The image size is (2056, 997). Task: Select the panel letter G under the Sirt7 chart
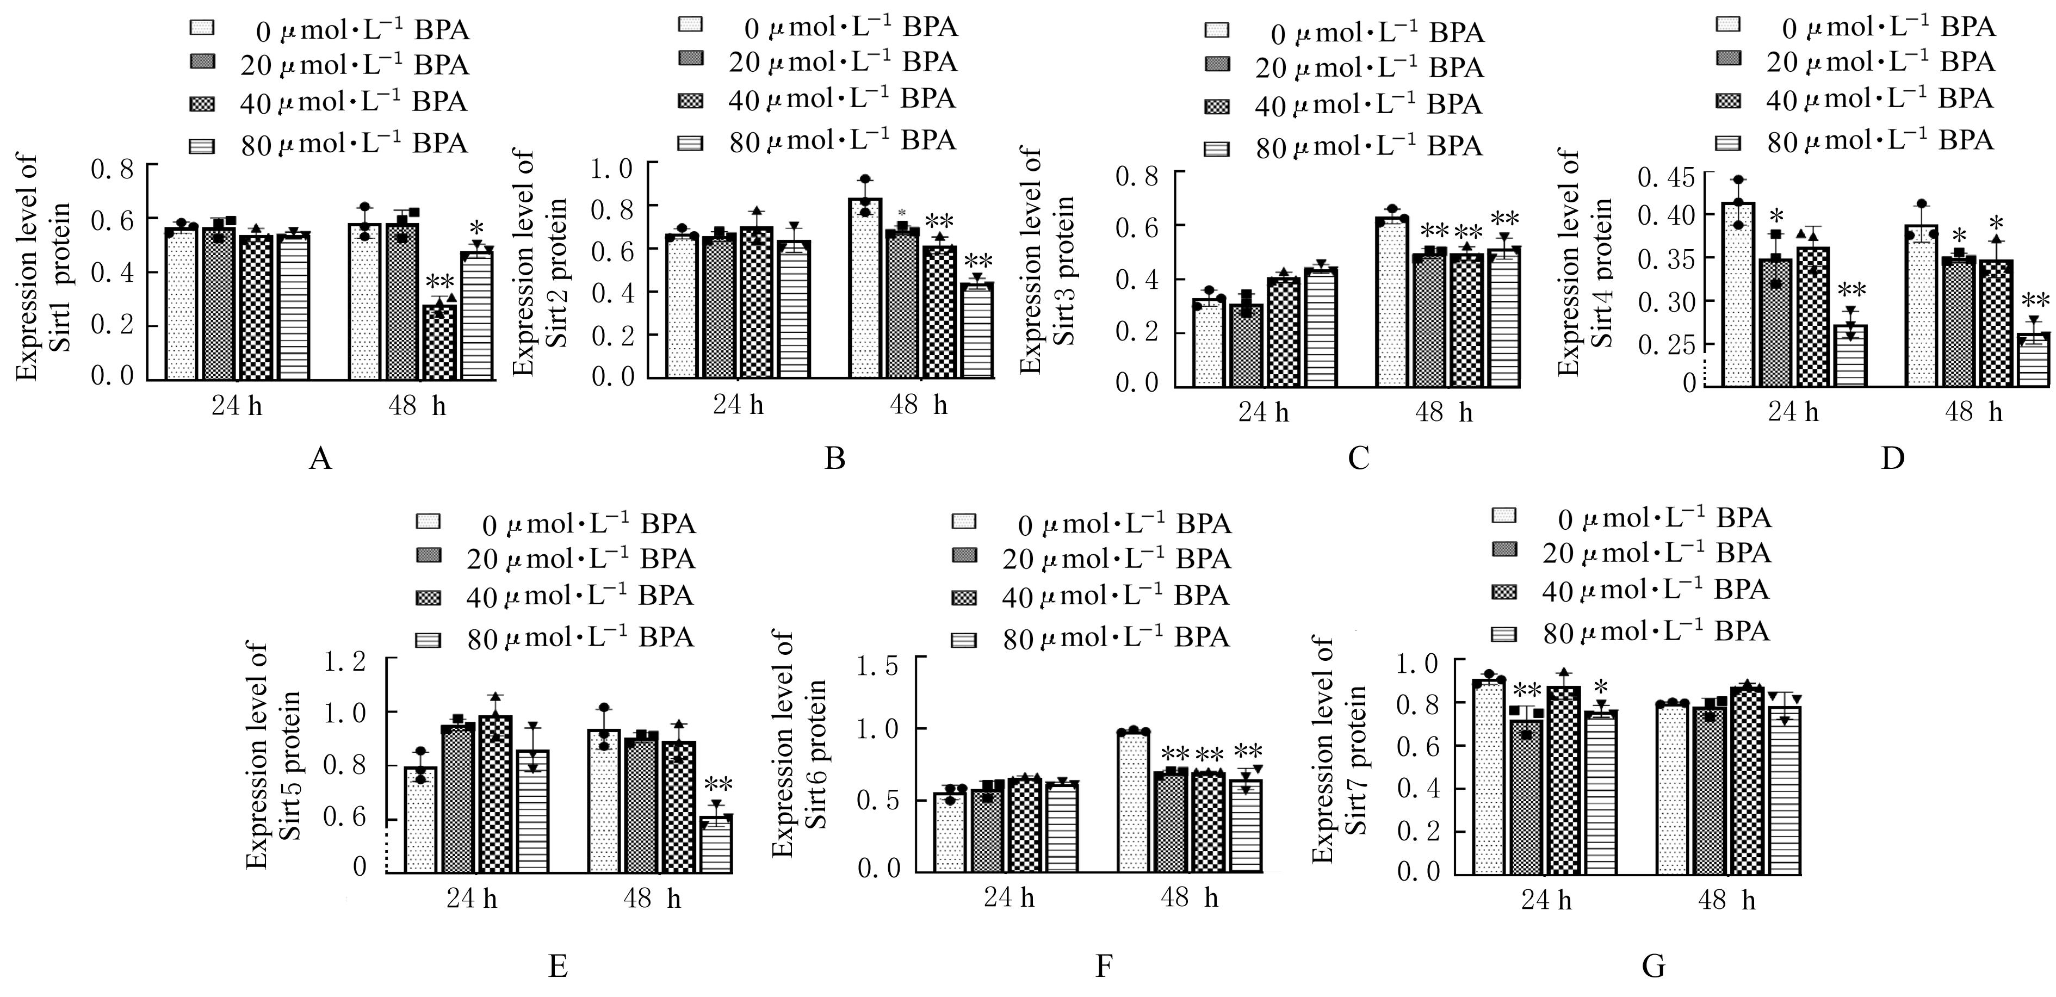[1653, 966]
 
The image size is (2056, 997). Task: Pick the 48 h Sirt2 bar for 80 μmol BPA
[977, 330]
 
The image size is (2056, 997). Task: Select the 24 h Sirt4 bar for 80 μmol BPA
[1850, 355]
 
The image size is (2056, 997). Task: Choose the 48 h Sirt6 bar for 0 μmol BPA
[1134, 801]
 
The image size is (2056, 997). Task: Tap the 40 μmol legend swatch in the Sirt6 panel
[964, 596]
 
